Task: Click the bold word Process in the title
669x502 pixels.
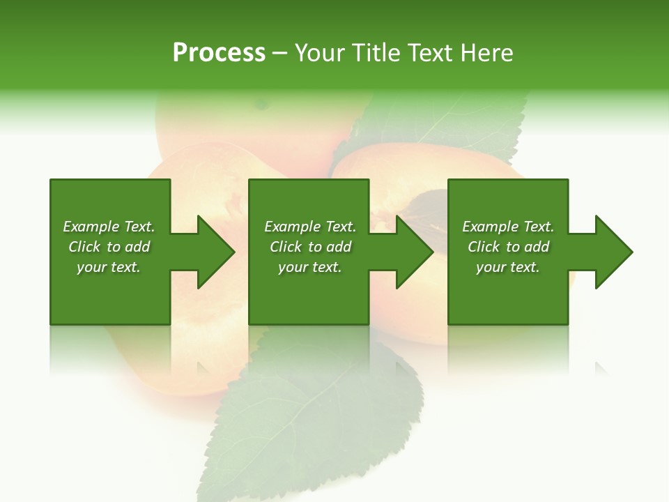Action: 219,53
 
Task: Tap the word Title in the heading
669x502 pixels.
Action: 374,53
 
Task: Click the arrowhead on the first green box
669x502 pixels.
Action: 212,252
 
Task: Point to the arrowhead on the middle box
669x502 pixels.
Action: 410,252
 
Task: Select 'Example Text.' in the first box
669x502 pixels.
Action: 109,227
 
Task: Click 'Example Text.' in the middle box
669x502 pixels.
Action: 310,227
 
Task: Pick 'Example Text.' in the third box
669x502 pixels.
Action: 508,227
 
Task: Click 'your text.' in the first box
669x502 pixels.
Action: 109,267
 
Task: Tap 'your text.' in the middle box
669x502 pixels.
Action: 310,267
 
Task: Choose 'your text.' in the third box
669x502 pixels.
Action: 508,267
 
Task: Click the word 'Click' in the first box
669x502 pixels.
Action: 84,247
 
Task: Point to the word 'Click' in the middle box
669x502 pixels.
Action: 286,247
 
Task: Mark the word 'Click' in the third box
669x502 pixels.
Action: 484,247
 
